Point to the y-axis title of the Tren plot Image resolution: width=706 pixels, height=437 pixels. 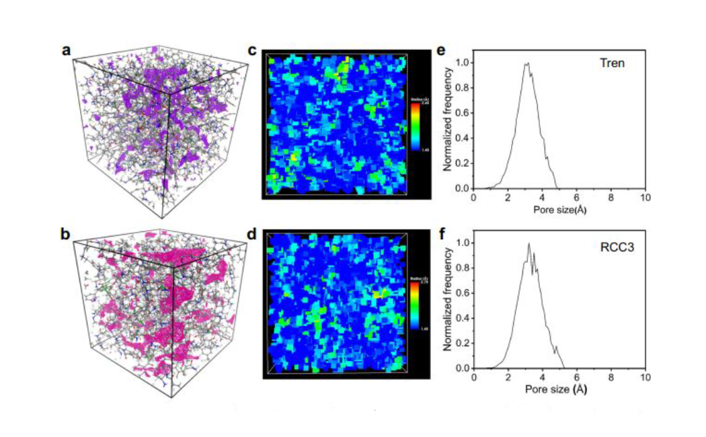click(444, 125)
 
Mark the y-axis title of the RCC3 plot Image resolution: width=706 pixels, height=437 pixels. click(444, 305)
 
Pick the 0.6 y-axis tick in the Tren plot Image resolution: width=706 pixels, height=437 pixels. click(463, 113)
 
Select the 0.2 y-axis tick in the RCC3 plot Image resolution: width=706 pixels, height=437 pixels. click(463, 343)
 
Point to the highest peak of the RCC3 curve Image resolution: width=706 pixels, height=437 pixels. click(529, 243)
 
